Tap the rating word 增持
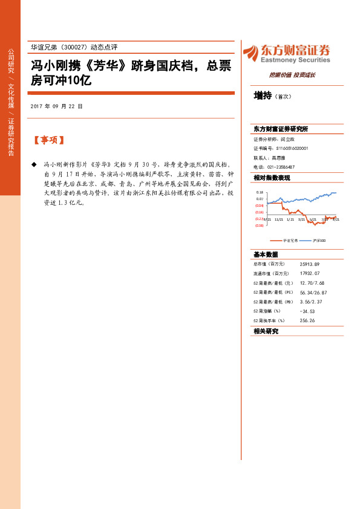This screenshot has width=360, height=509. click(x=262, y=96)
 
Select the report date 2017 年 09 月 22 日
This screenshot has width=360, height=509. click(x=56, y=106)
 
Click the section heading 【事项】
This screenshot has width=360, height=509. click(x=48, y=140)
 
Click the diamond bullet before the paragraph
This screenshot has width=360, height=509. click(x=34, y=164)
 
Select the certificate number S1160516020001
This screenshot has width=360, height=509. click(x=292, y=148)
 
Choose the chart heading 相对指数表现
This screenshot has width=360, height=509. click(x=272, y=178)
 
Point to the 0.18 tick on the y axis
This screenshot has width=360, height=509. click(x=260, y=191)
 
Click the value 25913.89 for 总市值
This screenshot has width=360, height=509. click(x=309, y=264)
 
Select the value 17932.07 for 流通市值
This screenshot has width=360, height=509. click(x=309, y=273)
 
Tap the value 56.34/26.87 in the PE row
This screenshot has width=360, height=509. click(x=313, y=292)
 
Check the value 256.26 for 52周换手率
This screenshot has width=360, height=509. click(x=307, y=320)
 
